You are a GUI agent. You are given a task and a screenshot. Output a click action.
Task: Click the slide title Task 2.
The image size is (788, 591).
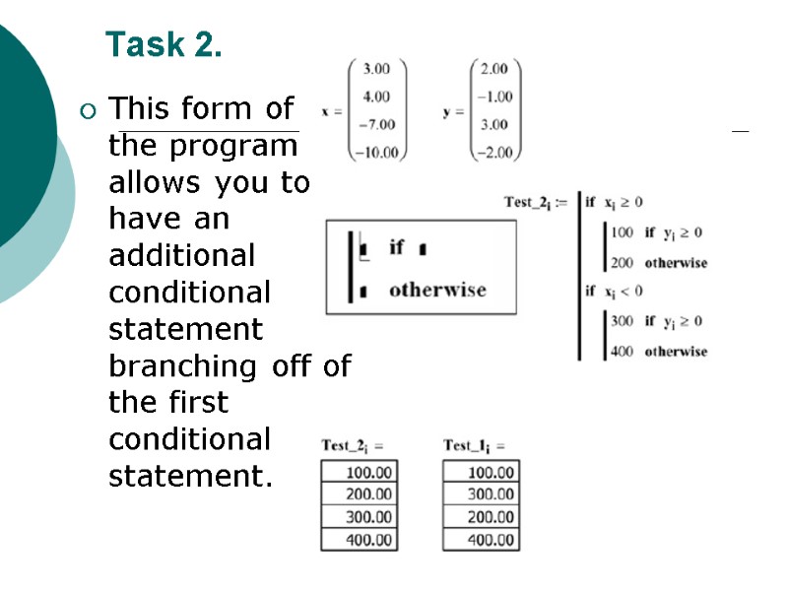tap(164, 44)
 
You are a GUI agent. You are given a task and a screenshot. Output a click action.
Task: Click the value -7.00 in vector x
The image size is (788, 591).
tap(376, 124)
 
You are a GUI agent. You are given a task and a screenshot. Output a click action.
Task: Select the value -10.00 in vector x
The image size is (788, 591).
tap(376, 152)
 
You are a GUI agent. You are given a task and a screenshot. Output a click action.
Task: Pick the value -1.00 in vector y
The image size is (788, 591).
tap(494, 97)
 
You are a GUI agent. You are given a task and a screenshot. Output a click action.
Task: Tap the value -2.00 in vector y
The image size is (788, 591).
tap(494, 152)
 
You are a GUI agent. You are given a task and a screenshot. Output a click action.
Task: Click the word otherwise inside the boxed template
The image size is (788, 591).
tap(437, 290)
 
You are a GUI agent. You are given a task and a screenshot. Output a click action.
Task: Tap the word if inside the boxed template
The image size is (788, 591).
tap(396, 246)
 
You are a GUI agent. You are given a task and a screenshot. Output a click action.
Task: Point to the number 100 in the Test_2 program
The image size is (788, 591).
tap(623, 232)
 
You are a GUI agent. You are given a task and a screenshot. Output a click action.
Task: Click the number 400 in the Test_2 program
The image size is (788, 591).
tap(623, 352)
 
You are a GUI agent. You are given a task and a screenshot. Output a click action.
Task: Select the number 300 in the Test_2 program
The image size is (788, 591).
tap(623, 321)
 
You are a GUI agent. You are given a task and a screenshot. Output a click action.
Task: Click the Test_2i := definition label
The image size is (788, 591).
tap(535, 203)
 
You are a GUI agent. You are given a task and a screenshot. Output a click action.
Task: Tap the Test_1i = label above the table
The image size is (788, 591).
tap(474, 446)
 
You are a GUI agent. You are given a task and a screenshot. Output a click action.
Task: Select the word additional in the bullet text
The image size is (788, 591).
tap(181, 255)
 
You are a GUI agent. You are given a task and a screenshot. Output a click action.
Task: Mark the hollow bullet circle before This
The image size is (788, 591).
tap(90, 109)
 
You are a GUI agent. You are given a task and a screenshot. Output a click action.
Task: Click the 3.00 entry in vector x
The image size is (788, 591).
tap(376, 69)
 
